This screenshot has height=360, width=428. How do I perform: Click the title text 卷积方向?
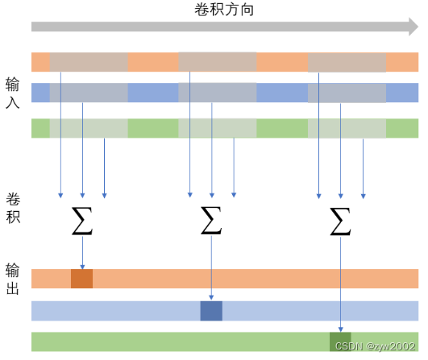point(224,10)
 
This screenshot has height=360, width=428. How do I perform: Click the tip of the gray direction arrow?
point(418,27)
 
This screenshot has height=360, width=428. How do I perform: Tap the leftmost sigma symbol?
point(82,221)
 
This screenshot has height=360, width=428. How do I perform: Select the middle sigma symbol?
point(211,221)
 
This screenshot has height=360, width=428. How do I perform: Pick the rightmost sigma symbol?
point(340,221)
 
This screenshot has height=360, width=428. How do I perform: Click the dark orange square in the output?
point(82,279)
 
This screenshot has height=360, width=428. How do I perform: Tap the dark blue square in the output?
point(211,311)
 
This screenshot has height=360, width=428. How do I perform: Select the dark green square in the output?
point(340,341)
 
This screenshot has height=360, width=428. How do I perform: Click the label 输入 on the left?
point(13,93)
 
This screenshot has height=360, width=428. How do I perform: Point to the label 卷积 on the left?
point(13,209)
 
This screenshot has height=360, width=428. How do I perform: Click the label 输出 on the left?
point(13,279)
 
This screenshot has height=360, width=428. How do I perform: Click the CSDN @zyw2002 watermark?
point(376,346)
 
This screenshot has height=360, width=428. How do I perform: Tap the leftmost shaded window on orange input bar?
point(89,62)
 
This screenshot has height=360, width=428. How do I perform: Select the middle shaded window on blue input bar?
point(218,93)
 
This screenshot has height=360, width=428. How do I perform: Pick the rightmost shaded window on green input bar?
point(347,128)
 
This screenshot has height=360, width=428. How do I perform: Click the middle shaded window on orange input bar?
point(218,62)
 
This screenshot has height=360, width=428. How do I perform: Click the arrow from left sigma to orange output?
point(82,253)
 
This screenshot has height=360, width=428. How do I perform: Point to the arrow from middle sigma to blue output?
point(211,268)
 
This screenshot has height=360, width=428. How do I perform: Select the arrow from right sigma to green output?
point(340,284)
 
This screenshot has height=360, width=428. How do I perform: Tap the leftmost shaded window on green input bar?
point(89,128)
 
